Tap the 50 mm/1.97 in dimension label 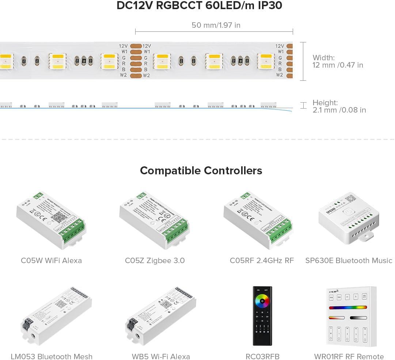[x=216, y=25]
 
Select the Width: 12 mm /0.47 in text [x=338, y=61]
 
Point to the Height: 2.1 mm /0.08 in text [x=339, y=106]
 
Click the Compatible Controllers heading [x=201, y=171]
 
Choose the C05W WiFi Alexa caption [x=51, y=261]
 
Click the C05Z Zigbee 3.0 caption [x=155, y=261]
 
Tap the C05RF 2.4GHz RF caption [x=262, y=261]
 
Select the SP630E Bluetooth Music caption [x=349, y=261]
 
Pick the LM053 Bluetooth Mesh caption [x=52, y=356]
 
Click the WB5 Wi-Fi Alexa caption [x=161, y=356]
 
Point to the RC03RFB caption [x=263, y=356]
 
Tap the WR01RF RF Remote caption [x=349, y=356]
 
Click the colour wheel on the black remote [x=263, y=301]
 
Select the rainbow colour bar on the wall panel [x=347, y=307]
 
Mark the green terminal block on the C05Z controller [x=175, y=228]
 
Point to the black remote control [x=263, y=316]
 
